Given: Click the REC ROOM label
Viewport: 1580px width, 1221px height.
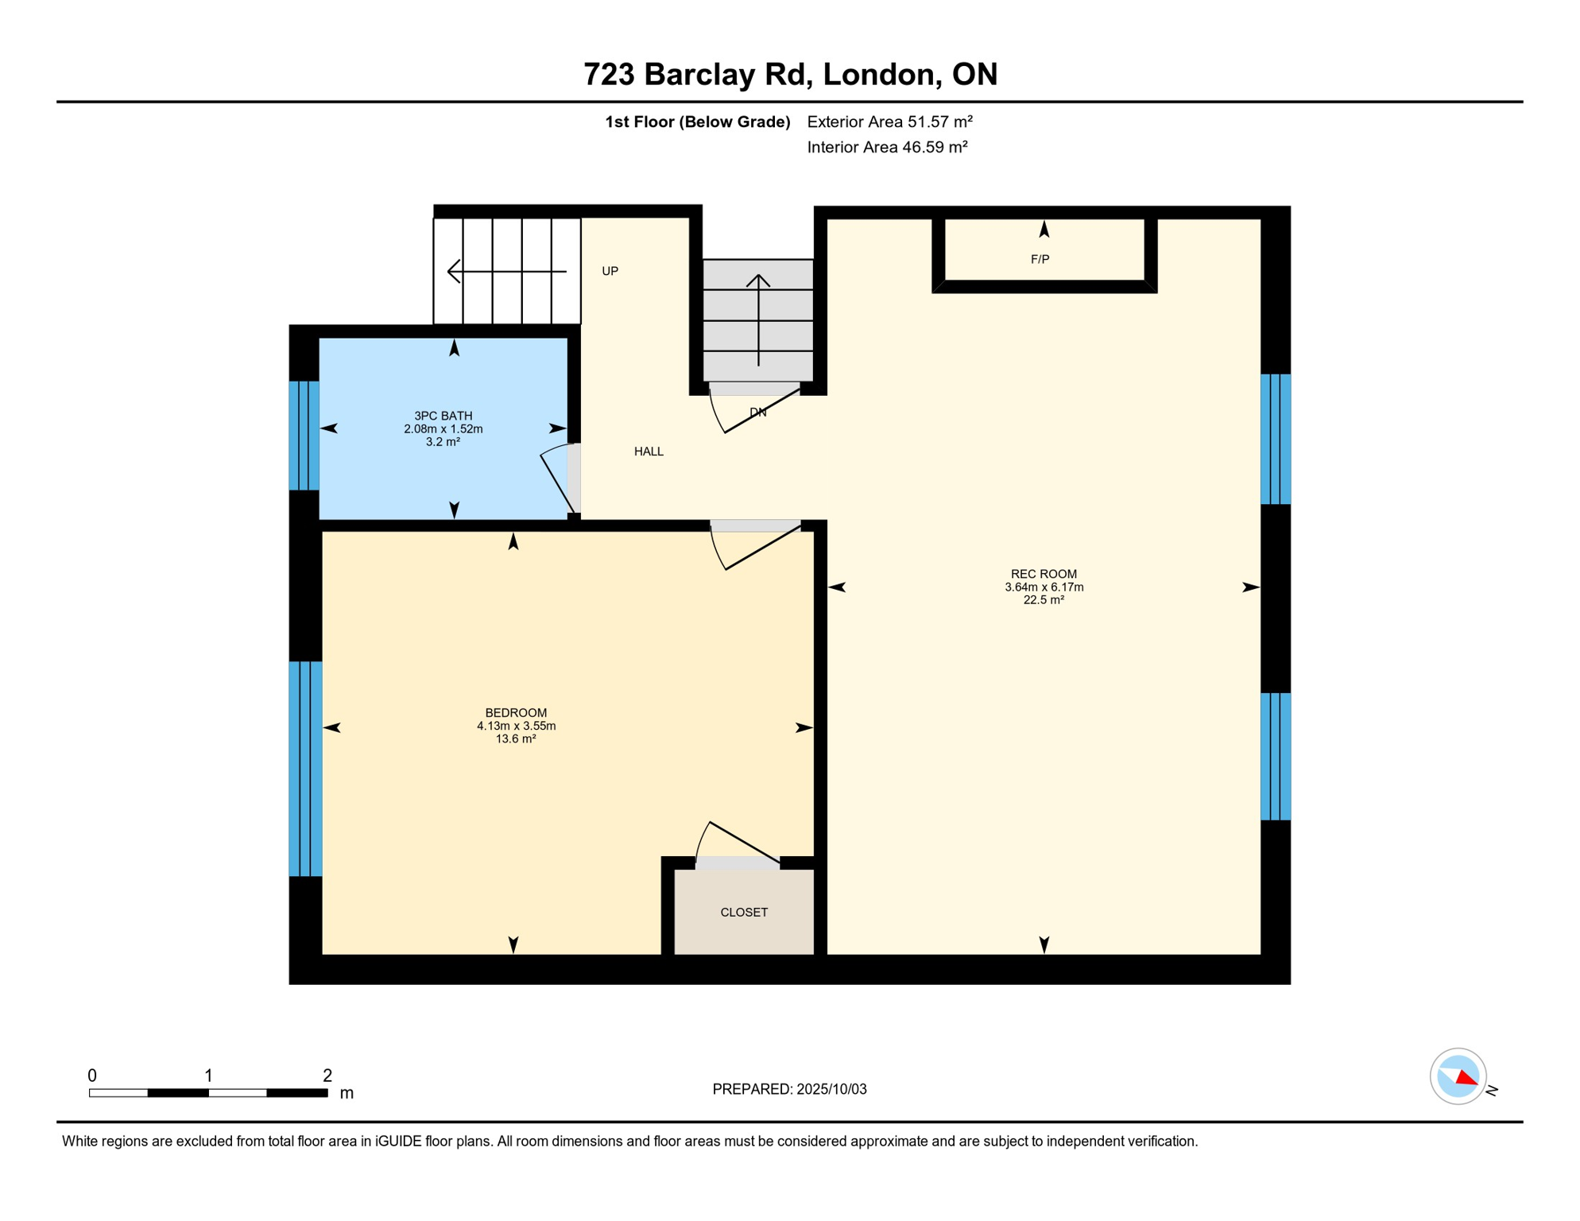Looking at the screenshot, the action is (x=1044, y=574).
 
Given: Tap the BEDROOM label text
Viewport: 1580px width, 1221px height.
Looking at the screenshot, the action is (x=516, y=713).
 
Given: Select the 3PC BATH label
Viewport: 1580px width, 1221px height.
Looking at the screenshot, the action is (x=443, y=416).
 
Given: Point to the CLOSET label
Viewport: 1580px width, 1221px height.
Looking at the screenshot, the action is (x=744, y=913).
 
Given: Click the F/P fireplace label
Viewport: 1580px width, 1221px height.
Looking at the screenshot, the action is (x=1040, y=259).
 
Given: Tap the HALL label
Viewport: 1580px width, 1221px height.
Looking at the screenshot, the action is (x=649, y=452).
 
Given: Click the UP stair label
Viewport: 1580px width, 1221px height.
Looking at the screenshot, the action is (x=610, y=271).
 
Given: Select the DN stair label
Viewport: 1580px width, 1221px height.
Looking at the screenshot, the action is (x=757, y=413).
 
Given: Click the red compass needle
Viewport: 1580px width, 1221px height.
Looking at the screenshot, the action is (x=1467, y=1079).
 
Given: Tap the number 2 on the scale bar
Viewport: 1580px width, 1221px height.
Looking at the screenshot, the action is (x=327, y=1076).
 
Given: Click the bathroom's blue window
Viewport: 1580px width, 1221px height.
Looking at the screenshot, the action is (x=304, y=436).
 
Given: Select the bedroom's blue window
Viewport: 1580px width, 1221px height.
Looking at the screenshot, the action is (x=305, y=769).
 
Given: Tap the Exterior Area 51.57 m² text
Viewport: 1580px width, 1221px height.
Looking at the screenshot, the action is (x=889, y=122).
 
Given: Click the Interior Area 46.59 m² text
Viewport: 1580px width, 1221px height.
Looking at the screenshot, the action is (x=887, y=147).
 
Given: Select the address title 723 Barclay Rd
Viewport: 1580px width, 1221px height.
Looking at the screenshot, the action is (x=697, y=74).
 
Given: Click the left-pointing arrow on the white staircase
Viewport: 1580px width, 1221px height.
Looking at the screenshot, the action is (x=507, y=272).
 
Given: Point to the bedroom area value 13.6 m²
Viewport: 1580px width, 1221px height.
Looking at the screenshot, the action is (x=516, y=739).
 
